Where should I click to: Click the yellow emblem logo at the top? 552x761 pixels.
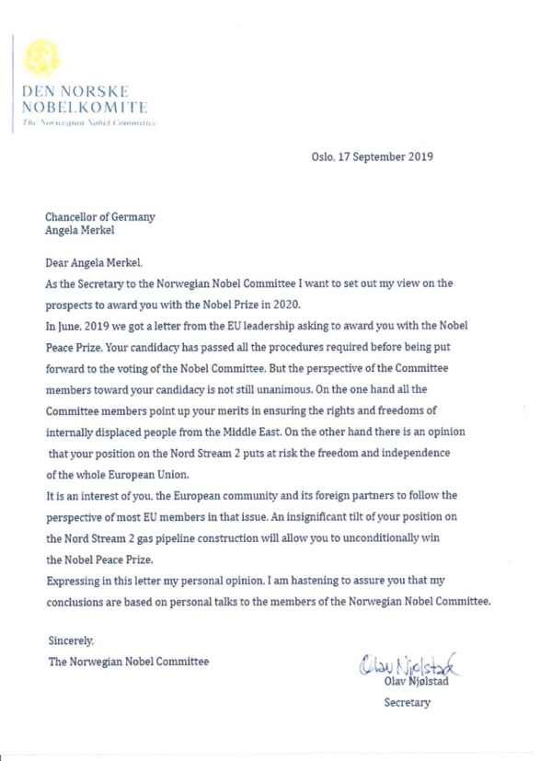click(x=39, y=58)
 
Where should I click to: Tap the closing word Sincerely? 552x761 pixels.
click(x=70, y=640)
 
